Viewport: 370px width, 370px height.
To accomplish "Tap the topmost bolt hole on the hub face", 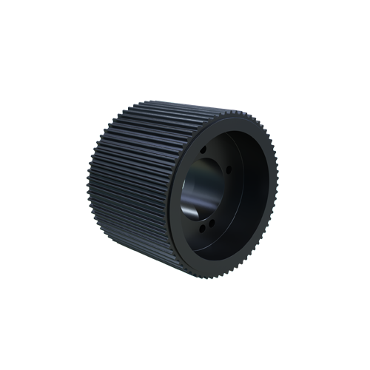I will coord(203,149).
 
